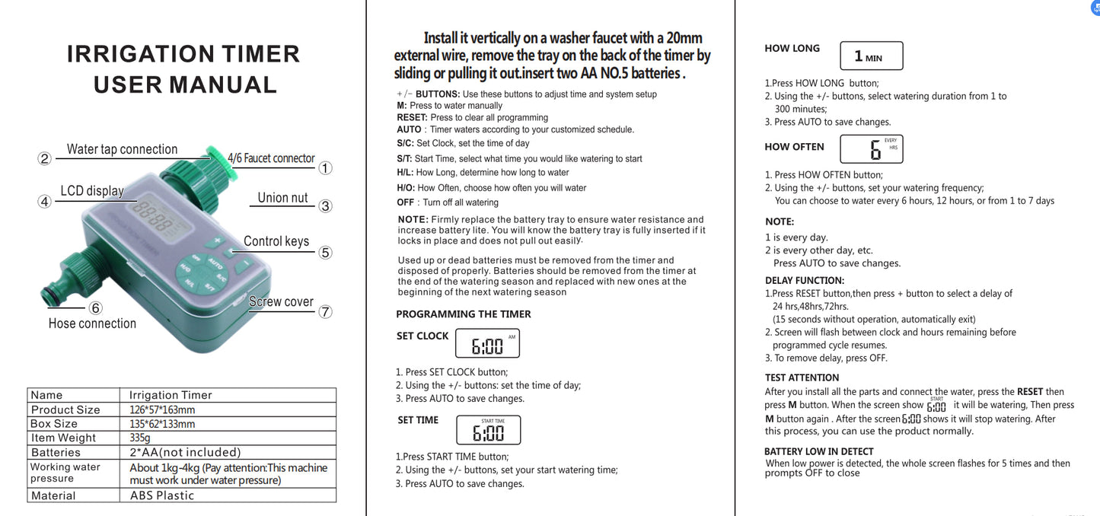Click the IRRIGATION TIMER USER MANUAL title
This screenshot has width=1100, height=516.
[183, 69]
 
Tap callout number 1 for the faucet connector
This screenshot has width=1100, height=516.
[325, 168]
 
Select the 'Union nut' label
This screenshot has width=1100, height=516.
[282, 198]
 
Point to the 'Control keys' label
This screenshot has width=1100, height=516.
[276, 241]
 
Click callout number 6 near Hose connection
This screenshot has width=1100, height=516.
[96, 308]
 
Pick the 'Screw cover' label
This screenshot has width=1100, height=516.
[281, 302]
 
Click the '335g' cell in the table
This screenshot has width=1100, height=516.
[140, 438]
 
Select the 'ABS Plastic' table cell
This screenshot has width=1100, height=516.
[161, 495]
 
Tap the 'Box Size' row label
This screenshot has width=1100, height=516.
[54, 424]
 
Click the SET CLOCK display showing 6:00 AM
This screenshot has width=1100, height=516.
[487, 344]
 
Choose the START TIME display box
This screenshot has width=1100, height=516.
[488, 430]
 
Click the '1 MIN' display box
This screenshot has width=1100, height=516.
[871, 56]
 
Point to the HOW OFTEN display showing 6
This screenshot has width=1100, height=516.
[871, 148]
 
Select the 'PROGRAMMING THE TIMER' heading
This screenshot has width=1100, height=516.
[464, 314]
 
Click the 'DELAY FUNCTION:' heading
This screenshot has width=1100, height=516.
[804, 281]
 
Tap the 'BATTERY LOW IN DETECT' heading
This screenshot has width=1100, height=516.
[818, 451]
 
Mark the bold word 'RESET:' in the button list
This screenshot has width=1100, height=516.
[412, 117]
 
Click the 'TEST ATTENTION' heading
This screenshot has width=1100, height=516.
[802, 377]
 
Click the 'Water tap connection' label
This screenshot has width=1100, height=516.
[122, 149]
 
